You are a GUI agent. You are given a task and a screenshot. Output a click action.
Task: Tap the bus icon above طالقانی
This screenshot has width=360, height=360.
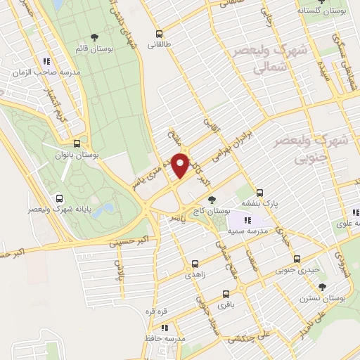(159, 33)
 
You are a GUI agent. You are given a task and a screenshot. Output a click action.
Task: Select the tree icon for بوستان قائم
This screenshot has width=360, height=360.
(95, 38)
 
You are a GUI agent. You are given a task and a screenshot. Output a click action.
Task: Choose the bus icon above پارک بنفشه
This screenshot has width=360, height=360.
(259, 192)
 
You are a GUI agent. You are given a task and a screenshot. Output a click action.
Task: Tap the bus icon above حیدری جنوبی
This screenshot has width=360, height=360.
(296, 258)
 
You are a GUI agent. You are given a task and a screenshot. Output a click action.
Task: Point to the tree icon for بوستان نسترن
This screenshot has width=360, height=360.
(322, 286)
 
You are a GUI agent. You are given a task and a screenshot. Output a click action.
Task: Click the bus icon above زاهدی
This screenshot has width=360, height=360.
(195, 264)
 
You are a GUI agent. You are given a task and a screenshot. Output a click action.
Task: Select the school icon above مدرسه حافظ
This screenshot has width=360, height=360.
(164, 328)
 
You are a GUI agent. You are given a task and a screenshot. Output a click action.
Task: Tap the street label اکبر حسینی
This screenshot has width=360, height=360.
(130, 241)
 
